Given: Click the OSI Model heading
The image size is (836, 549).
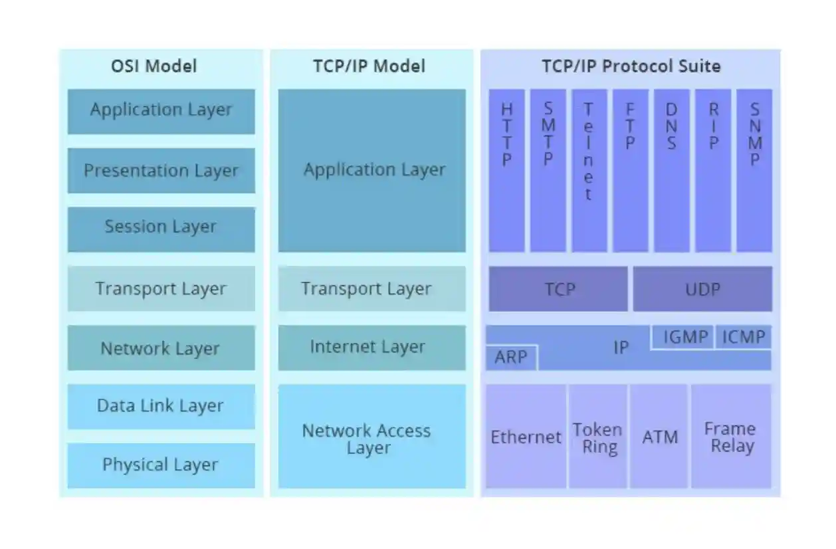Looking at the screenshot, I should click(x=154, y=66).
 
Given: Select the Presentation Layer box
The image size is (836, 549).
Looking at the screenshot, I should click(x=161, y=171).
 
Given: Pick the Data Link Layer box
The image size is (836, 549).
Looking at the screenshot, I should click(x=161, y=406).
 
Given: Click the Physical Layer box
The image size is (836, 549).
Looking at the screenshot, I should click(x=161, y=465).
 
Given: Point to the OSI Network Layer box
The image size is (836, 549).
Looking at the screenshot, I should click(x=161, y=348).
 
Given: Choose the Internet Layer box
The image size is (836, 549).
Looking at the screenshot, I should click(x=371, y=348).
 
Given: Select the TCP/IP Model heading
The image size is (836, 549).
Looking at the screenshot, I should click(x=369, y=66).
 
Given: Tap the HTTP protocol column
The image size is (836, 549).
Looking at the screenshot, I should click(x=506, y=171).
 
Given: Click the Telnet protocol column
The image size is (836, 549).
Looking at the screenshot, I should click(x=589, y=171).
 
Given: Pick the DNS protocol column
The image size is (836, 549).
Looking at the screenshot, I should click(x=671, y=171).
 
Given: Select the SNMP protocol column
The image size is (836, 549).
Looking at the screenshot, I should click(x=754, y=171).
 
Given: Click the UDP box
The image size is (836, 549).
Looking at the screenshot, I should click(x=702, y=289).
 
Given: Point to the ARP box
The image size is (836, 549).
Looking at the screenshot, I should click(x=510, y=358).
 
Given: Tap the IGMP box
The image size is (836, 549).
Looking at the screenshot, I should click(x=684, y=337).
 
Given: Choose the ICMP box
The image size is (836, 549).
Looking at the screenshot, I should click(x=744, y=337).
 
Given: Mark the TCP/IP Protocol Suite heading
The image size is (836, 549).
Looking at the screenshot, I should click(x=631, y=66).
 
